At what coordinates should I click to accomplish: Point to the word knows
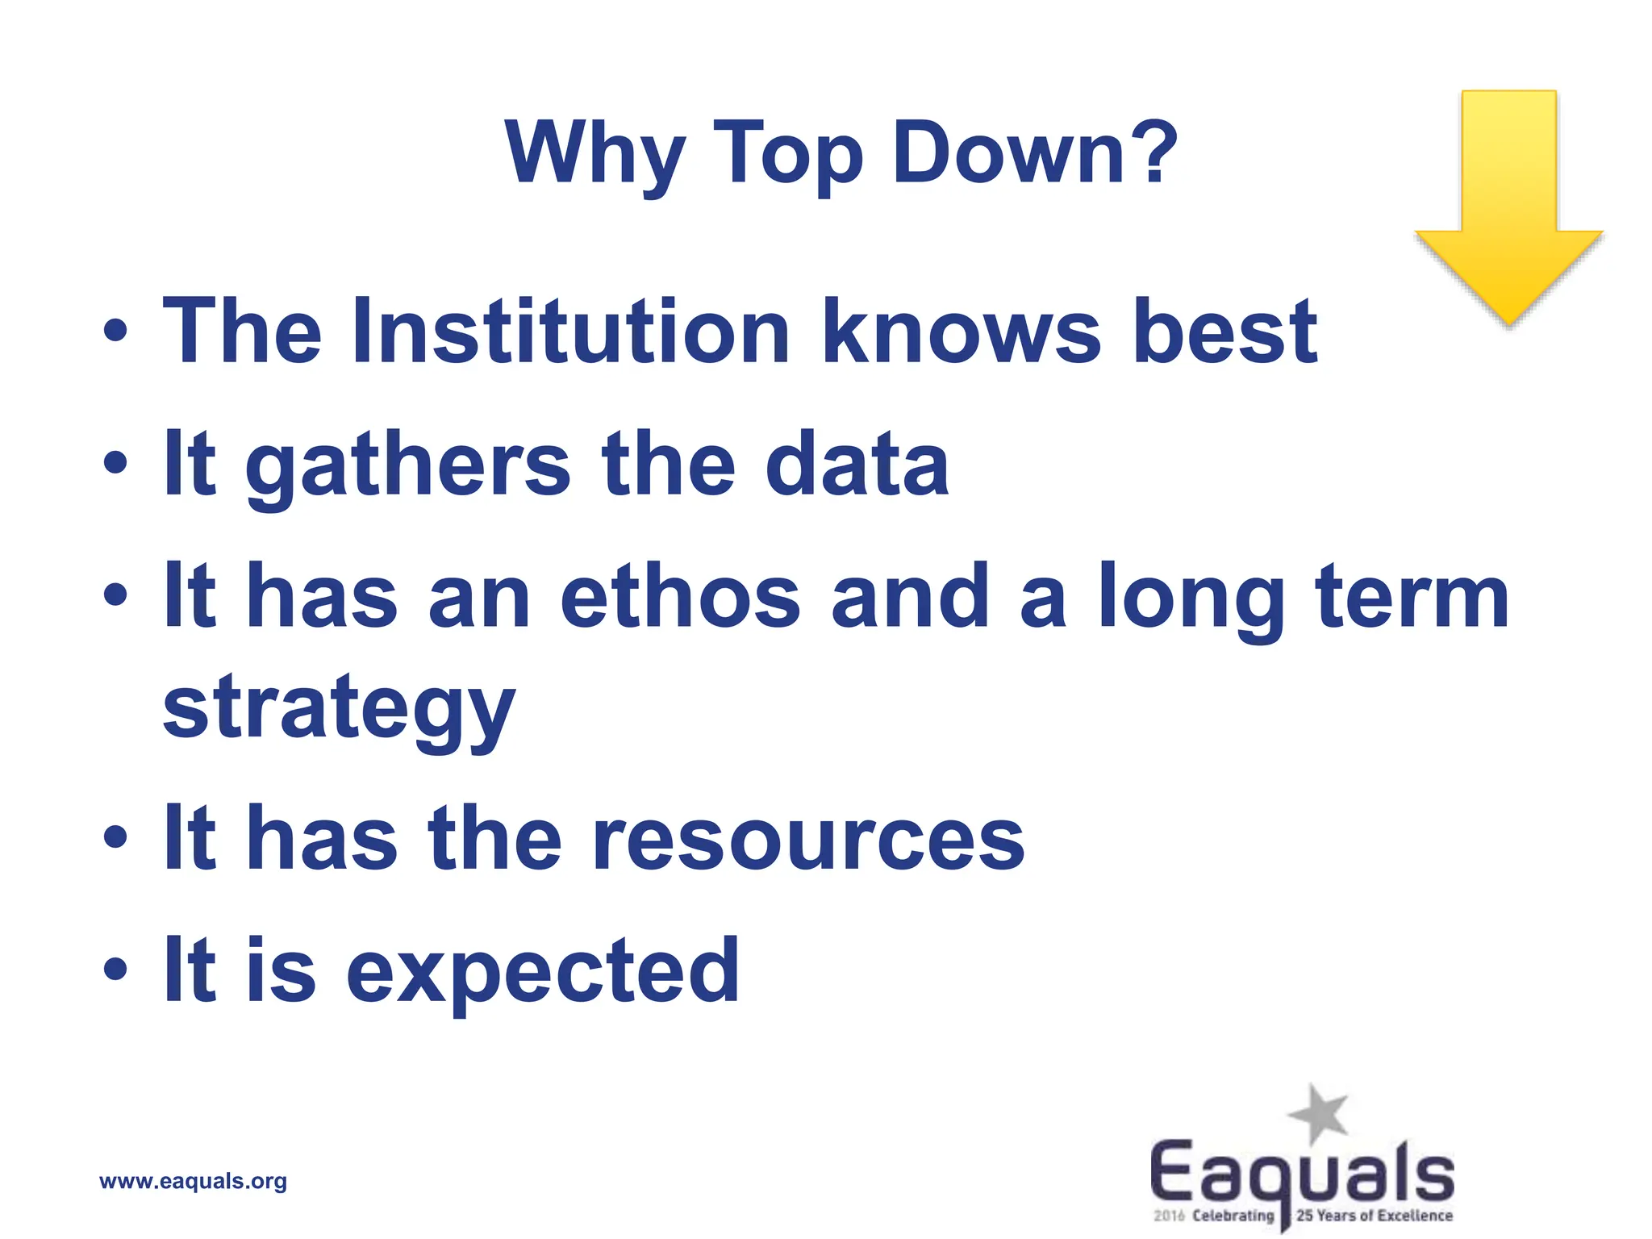[x=961, y=332]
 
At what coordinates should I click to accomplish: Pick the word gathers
[x=408, y=465]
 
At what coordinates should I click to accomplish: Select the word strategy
[x=339, y=710]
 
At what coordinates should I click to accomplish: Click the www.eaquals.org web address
[x=193, y=1182]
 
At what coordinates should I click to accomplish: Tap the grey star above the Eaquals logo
[x=1319, y=1114]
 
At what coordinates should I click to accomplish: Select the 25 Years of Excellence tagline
[x=1375, y=1216]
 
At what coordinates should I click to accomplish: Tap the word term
[x=1412, y=596]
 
